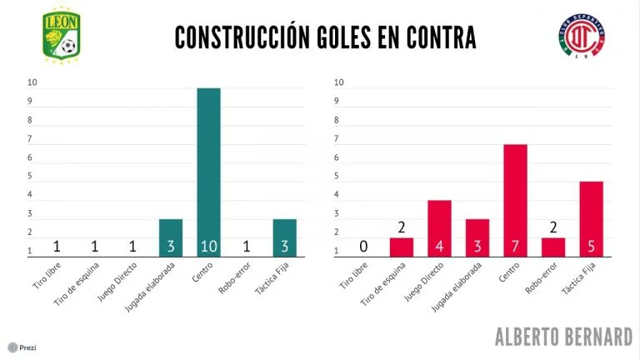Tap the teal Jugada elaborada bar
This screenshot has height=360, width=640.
pyautogui.click(x=171, y=237)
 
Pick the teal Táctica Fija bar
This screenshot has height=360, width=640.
pyautogui.click(x=284, y=237)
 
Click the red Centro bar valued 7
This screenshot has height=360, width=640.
pyautogui.click(x=515, y=200)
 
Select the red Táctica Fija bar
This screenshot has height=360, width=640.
pyautogui.click(x=591, y=218)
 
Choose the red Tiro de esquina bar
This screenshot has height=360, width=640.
pyautogui.click(x=402, y=247)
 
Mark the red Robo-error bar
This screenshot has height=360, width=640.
pyautogui.click(x=553, y=247)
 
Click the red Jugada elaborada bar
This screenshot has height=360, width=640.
pyautogui.click(x=477, y=237)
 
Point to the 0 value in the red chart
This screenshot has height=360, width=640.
pyautogui.click(x=363, y=247)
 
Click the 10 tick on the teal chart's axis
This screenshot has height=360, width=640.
pyautogui.click(x=32, y=82)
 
